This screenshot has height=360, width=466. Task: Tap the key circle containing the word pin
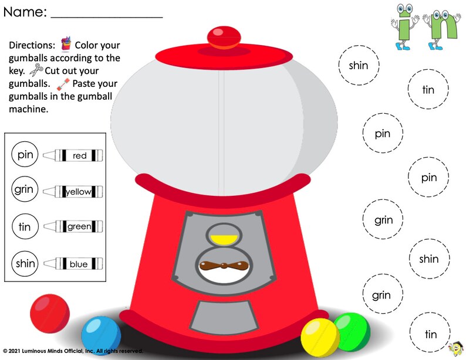25,155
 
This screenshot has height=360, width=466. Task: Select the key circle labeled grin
25,191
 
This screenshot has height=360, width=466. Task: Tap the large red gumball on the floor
50,314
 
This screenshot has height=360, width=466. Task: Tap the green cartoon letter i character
404,26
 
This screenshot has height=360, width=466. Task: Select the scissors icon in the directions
36,70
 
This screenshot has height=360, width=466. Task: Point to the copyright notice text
72,351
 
